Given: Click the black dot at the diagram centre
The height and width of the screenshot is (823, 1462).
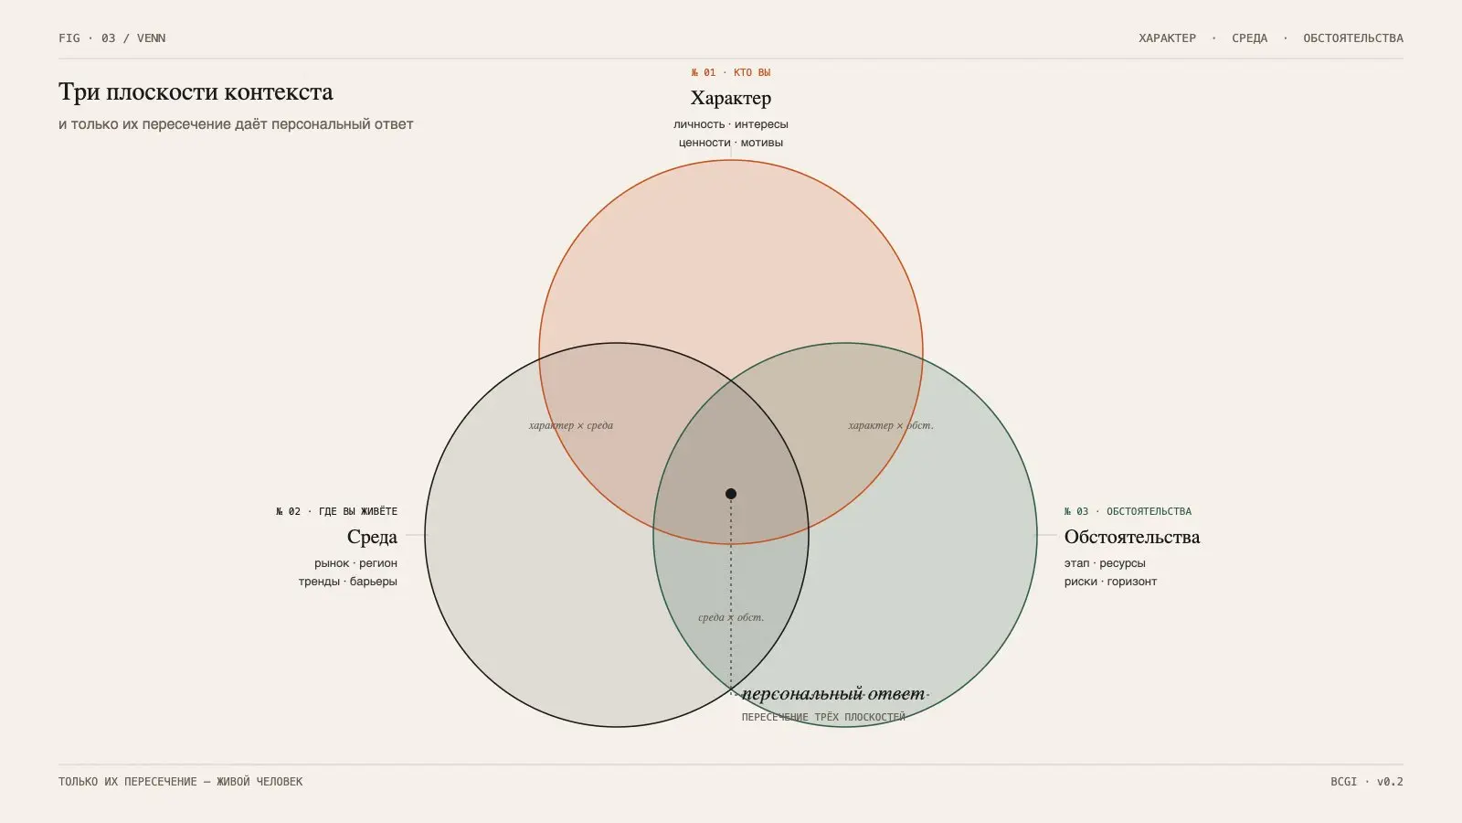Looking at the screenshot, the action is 731,494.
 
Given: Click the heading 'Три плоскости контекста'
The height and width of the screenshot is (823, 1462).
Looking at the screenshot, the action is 196,92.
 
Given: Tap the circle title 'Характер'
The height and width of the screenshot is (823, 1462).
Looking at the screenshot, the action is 731,98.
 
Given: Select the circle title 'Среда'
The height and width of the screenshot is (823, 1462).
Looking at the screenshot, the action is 372,537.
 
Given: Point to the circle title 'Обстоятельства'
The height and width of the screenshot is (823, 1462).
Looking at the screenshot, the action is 1132,537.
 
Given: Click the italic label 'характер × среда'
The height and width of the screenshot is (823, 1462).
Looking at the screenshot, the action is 571,425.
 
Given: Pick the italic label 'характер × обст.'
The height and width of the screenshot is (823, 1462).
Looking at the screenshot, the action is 891,425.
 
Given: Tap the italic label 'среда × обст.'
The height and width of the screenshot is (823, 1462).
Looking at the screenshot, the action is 731,617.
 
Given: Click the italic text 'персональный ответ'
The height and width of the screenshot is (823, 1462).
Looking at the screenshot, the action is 833,694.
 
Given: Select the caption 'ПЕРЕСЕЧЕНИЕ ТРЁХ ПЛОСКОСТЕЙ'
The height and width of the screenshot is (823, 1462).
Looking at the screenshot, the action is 823,717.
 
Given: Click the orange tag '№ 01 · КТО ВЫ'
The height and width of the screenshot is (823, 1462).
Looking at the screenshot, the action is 731,72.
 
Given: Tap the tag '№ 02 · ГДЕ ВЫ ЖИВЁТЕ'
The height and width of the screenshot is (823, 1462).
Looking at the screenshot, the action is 337,511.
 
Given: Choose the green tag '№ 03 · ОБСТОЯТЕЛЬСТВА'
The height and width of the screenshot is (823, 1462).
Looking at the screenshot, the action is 1128,511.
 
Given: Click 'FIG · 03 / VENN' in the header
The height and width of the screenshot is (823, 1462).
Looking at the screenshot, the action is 112,37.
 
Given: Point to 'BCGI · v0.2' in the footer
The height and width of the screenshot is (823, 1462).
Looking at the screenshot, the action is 1367,781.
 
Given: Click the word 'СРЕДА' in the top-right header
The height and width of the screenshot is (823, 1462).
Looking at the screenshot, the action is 1249,37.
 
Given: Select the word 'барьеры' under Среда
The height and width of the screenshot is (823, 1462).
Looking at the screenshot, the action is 374,582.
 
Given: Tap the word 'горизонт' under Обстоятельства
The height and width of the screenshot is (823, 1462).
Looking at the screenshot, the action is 1132,582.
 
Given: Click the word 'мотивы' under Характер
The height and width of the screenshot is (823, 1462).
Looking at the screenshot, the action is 762,143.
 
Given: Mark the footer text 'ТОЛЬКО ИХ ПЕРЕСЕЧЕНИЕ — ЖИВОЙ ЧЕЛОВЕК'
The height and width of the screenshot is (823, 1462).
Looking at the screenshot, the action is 181,781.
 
